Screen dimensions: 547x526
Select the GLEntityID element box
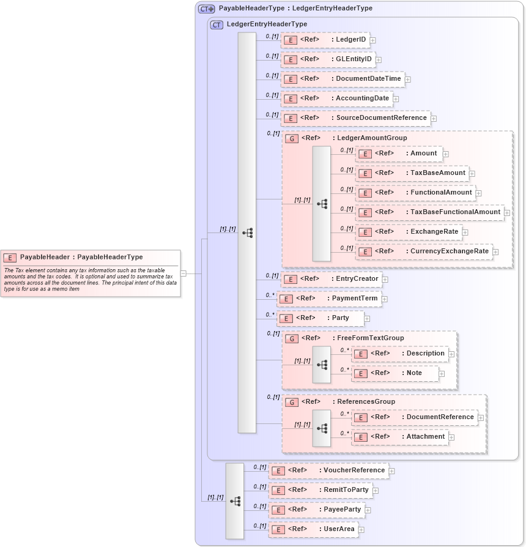[x=328, y=59]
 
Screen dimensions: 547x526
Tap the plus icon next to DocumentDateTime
[x=408, y=80]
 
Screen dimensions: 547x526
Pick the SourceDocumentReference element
[x=355, y=118]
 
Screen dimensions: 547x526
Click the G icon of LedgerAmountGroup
[x=292, y=139]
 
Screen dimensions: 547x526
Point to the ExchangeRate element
[x=408, y=232]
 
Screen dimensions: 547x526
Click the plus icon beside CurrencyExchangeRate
[x=495, y=251]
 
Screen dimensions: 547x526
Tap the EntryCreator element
[x=331, y=279]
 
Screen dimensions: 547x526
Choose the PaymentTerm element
[x=329, y=299]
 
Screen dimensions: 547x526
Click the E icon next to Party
[x=285, y=318]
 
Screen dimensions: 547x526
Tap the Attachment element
[x=400, y=437]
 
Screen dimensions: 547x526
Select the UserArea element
[x=313, y=529]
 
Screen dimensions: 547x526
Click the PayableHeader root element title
[x=81, y=258]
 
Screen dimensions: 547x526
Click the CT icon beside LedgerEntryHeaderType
[x=217, y=24]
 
